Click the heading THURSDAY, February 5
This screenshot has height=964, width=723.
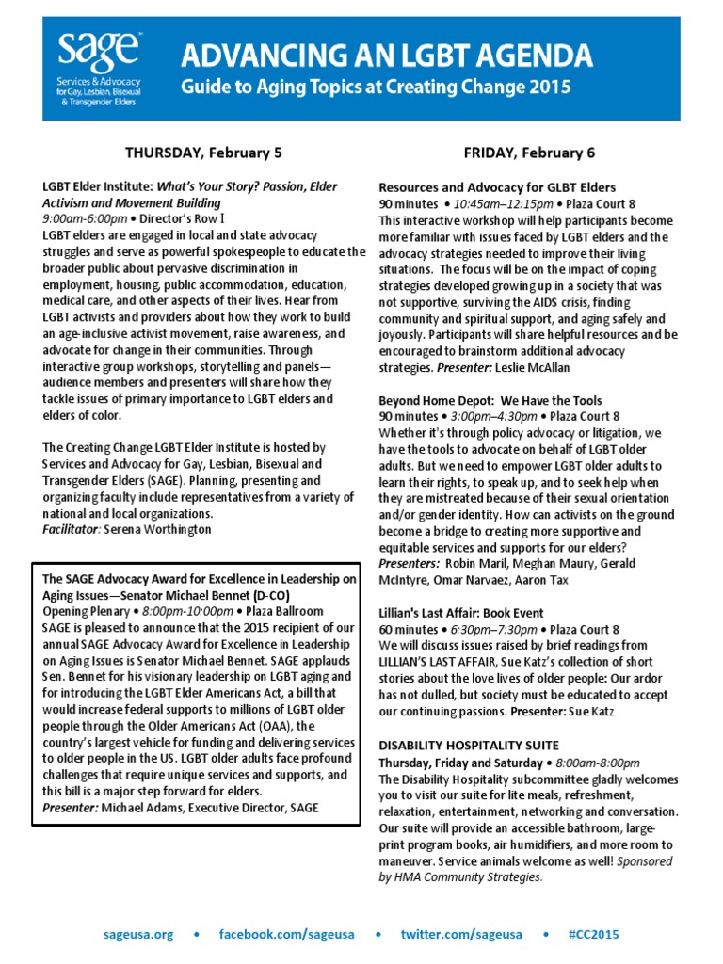click(204, 153)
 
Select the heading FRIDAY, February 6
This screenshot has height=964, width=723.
click(530, 153)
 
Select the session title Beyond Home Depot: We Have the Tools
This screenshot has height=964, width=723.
click(490, 401)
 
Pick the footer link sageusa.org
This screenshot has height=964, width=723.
click(138, 935)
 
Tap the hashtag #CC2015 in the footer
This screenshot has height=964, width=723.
click(594, 935)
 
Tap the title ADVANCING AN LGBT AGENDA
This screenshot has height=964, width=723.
click(387, 56)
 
